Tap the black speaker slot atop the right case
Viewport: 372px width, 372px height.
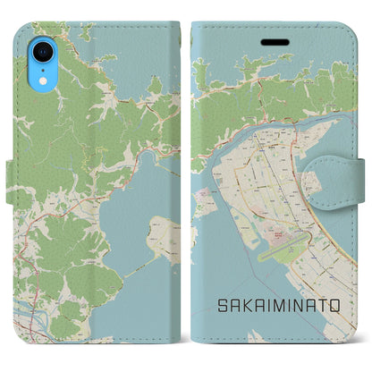pyautogui.click(x=269, y=41)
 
